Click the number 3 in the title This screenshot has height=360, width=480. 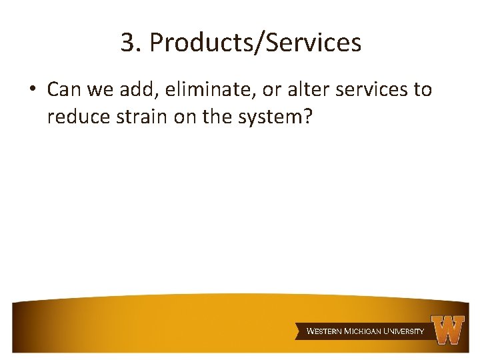pos(127,43)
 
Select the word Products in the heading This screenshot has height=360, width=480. pos(195,43)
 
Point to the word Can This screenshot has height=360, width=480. pos(64,89)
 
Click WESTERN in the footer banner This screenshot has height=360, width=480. pos(324,331)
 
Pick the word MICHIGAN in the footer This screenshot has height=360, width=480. pos(364,331)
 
